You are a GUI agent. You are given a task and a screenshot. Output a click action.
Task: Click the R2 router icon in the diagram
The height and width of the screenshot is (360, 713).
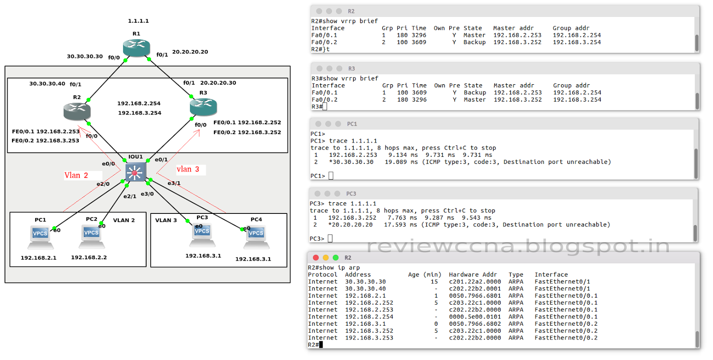[x=77, y=111]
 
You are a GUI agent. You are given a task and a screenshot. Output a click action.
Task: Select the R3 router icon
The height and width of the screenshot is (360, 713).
[x=203, y=107]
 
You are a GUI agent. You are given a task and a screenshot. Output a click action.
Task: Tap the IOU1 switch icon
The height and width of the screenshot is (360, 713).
[x=135, y=172]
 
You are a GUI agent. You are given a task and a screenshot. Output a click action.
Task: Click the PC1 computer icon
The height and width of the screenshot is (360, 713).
[x=40, y=237]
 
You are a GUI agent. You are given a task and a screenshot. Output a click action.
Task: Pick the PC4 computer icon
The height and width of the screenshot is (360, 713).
[x=256, y=237]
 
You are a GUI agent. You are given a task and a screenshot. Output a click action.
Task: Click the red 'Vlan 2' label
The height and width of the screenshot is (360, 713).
[x=76, y=176]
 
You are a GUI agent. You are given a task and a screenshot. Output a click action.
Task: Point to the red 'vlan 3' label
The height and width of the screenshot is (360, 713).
[x=188, y=169]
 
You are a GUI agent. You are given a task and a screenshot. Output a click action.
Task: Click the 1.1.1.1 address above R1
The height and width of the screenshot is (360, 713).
[x=138, y=21]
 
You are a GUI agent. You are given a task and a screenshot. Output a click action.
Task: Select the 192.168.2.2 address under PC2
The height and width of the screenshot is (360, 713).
[x=89, y=258]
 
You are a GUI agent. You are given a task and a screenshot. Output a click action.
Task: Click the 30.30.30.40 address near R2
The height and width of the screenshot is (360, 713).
[x=47, y=84]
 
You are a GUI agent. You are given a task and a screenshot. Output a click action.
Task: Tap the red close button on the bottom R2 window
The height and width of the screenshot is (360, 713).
[x=316, y=258]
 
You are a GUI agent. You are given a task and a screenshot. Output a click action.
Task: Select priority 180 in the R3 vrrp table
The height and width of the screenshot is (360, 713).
[x=402, y=100]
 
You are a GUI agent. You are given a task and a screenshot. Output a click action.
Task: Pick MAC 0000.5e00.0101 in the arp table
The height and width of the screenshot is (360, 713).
[x=475, y=317]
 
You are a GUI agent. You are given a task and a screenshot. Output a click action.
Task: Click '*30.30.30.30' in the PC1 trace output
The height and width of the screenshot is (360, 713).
[x=351, y=162]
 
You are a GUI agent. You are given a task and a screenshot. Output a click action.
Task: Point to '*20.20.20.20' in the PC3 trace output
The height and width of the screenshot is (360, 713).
[x=350, y=225]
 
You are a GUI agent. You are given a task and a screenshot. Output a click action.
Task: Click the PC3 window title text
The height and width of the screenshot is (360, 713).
[x=351, y=194]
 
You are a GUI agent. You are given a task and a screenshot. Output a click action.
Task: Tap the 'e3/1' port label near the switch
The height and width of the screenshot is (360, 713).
[x=174, y=183]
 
